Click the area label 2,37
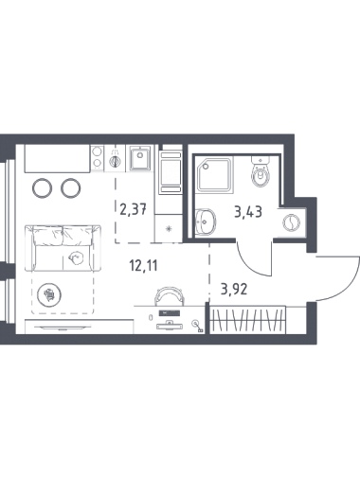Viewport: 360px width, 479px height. (133, 208)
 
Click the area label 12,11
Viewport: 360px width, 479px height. (143, 265)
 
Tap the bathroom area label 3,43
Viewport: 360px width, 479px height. (248, 212)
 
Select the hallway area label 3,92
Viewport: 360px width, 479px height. (234, 289)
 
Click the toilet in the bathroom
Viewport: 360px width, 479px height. (261, 171)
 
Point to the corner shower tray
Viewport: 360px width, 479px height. (214, 174)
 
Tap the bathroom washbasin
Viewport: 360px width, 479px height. (206, 222)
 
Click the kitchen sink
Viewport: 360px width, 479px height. (140, 159)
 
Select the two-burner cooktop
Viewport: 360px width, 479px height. (97, 158)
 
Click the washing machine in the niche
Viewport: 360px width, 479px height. (291, 223)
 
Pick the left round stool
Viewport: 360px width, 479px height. (42, 188)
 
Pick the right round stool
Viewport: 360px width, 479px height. (71, 188)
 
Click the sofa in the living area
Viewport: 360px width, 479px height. (63, 248)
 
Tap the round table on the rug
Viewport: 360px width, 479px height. (49, 294)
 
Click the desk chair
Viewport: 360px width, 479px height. (169, 296)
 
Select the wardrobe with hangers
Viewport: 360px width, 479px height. (248, 319)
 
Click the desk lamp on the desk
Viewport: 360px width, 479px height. (197, 326)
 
